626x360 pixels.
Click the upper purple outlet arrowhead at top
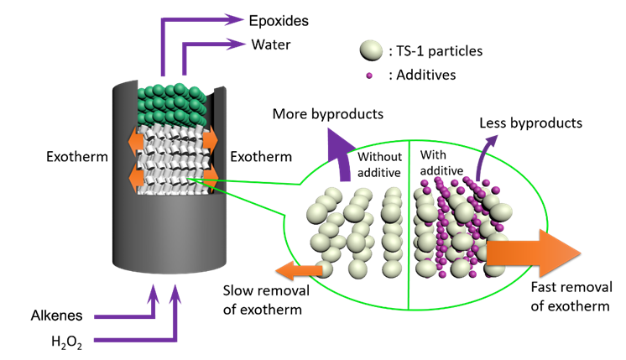pyautogui.click(x=236, y=19)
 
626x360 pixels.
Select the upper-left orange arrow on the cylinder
pyautogui.click(x=136, y=140)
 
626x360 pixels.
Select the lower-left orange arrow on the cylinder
pyautogui.click(x=136, y=177)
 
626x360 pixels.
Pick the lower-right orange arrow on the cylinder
pyautogui.click(x=210, y=175)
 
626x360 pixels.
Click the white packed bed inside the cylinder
pyautogui.click(x=173, y=159)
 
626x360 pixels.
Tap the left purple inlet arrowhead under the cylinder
pyautogui.click(x=153, y=293)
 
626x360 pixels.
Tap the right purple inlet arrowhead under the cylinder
pyautogui.click(x=175, y=293)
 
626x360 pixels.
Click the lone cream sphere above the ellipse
pyautogui.click(x=371, y=50)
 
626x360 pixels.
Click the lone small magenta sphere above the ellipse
pyautogui.click(x=369, y=76)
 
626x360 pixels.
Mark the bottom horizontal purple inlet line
pyautogui.click(x=134, y=340)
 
